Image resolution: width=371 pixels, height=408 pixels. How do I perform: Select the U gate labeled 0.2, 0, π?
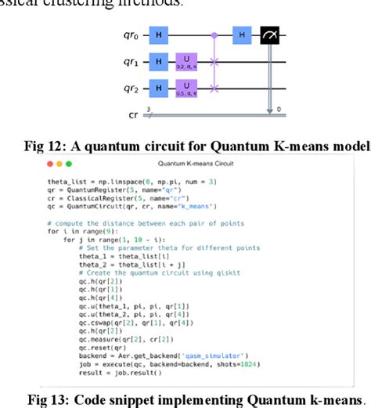[187, 60]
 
